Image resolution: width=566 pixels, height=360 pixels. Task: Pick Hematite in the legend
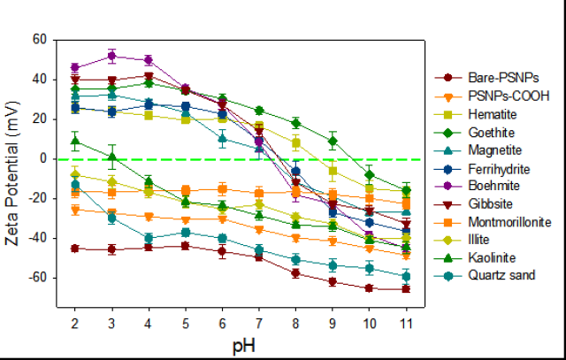(x=476, y=115)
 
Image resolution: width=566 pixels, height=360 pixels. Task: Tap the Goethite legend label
(x=476, y=133)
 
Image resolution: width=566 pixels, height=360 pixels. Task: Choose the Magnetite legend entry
(x=478, y=150)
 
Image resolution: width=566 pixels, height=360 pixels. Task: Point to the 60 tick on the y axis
(x=39, y=40)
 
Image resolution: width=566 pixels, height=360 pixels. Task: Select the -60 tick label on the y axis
(x=37, y=278)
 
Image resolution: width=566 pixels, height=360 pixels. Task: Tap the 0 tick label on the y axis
(x=43, y=159)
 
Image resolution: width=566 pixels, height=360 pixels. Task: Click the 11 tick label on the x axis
(x=406, y=319)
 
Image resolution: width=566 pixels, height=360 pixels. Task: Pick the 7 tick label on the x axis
(x=258, y=319)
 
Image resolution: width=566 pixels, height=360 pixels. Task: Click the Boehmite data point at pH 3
(x=111, y=56)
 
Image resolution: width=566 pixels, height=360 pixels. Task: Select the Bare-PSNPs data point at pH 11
(x=406, y=288)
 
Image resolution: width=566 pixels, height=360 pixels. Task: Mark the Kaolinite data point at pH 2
(x=75, y=141)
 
